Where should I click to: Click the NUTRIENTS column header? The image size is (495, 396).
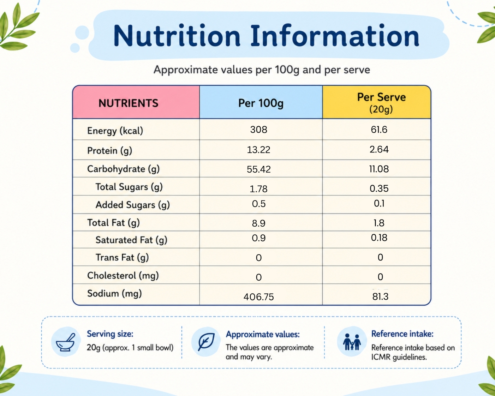point(129,103)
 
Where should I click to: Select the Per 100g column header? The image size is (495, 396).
point(261,103)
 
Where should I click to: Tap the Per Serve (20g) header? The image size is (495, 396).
point(381,103)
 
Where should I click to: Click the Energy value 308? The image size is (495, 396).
point(259,130)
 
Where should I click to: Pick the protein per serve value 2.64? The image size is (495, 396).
point(379,149)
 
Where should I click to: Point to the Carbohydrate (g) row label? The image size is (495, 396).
point(123,169)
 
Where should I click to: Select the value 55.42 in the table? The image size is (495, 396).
point(259,169)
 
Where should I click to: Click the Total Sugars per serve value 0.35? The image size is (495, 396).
point(379,188)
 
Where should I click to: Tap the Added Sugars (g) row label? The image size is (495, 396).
point(133,205)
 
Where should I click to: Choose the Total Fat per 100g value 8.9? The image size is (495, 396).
point(259,223)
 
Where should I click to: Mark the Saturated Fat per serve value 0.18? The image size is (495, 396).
point(379,238)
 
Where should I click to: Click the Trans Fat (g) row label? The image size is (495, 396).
point(122,258)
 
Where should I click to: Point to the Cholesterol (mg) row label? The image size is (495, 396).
point(123,276)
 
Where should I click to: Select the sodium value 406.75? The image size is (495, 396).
point(259,297)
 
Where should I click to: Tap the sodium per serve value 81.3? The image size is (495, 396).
point(380,297)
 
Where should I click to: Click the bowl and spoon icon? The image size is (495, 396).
point(66,342)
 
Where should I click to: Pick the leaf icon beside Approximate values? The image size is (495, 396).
point(206,342)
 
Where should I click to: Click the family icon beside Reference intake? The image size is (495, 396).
point(352,342)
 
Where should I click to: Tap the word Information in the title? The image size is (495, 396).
point(335,36)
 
